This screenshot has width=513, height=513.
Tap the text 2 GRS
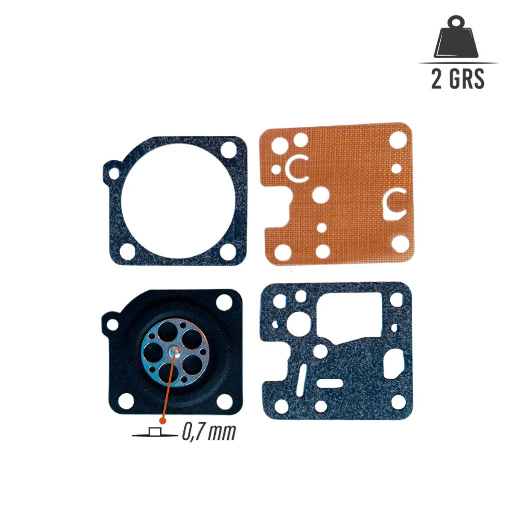pos(458,79)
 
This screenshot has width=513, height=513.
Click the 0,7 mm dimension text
pos(209,432)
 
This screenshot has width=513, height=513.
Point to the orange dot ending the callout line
pos(163,421)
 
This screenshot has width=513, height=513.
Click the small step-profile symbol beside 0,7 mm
pos(155,432)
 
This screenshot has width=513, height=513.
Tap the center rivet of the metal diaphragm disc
pos(176,352)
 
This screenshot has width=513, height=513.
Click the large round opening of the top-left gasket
pos(178,200)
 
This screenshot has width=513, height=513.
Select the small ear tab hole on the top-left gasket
pos(114,174)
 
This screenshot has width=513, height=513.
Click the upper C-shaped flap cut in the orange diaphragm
pos(298,168)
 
